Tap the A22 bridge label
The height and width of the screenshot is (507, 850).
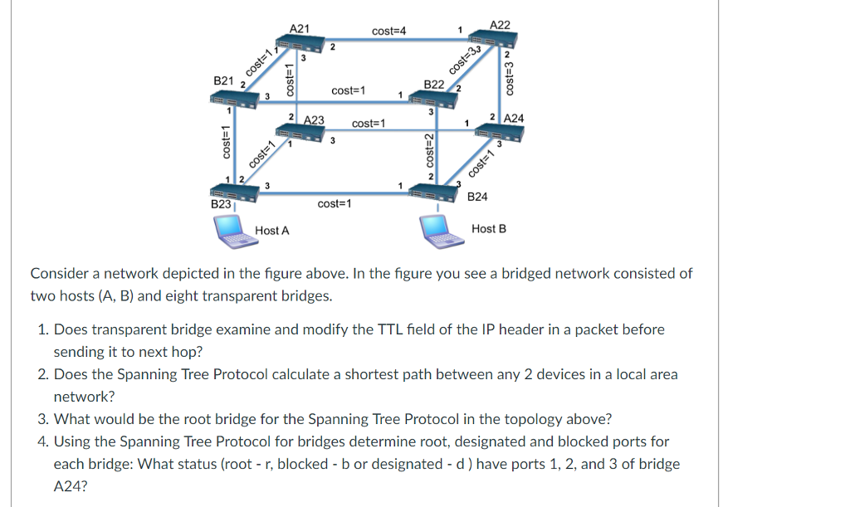pos(501,25)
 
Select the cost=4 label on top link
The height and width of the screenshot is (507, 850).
pos(388,31)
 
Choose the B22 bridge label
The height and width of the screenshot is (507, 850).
pos(433,85)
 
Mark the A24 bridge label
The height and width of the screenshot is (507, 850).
pos(514,118)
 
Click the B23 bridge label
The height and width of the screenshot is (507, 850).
pos(221,203)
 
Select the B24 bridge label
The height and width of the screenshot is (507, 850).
pos(477,197)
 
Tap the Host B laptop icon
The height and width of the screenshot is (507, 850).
pos(439,230)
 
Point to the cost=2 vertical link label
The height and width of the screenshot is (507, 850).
pos(430,150)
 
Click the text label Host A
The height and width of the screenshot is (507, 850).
pos(272,230)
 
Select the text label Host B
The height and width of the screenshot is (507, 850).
pos(488,228)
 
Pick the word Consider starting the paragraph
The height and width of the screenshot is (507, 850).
pos(59,273)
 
